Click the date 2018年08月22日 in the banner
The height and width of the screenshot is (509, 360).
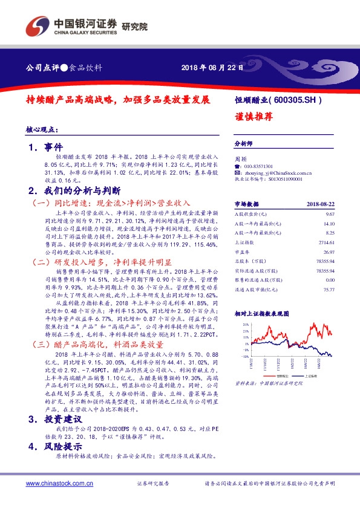click(212, 68)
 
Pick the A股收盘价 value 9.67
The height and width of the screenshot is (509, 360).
click(330, 215)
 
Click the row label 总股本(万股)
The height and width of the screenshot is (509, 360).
click(250, 263)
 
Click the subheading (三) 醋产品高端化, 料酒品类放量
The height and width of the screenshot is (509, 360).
click(99, 344)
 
